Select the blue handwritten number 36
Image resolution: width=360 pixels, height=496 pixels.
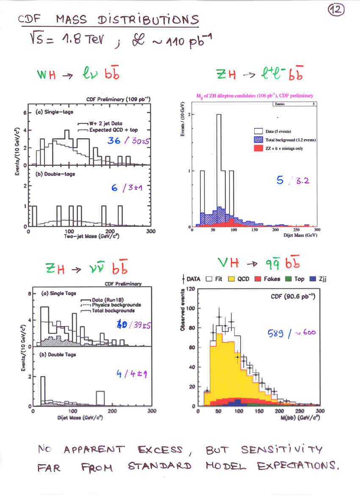(x=114, y=141)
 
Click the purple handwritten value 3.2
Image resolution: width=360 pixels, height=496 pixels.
(x=301, y=181)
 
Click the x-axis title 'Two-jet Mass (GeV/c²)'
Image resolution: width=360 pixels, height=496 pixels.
(x=88, y=236)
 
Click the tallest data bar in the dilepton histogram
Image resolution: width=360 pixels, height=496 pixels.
(x=219, y=170)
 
